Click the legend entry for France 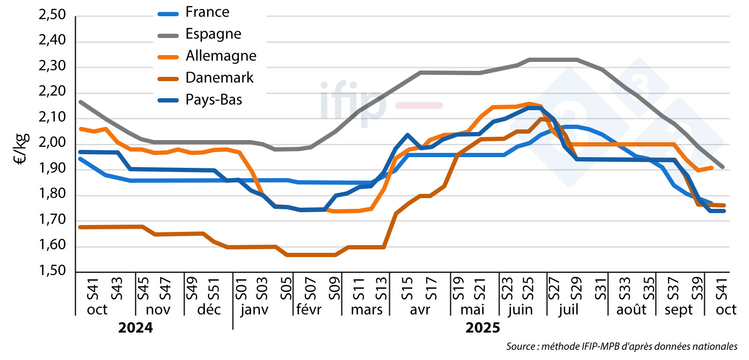click(x=207, y=12)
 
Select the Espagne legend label click(x=213, y=34)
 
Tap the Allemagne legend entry click(x=221, y=56)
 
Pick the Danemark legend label click(x=219, y=78)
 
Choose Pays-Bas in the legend click(x=213, y=100)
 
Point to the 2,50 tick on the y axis click(x=52, y=15)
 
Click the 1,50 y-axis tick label click(x=52, y=271)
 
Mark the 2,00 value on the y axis click(x=52, y=143)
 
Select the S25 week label click(x=528, y=289)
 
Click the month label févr click(x=309, y=310)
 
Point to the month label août click(x=631, y=310)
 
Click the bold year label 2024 click(x=135, y=328)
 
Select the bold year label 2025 click(x=483, y=328)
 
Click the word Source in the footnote click(x=520, y=346)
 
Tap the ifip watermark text click(x=353, y=102)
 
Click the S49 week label click(x=192, y=289)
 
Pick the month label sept click(x=679, y=310)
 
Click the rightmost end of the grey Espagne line click(x=723, y=167)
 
